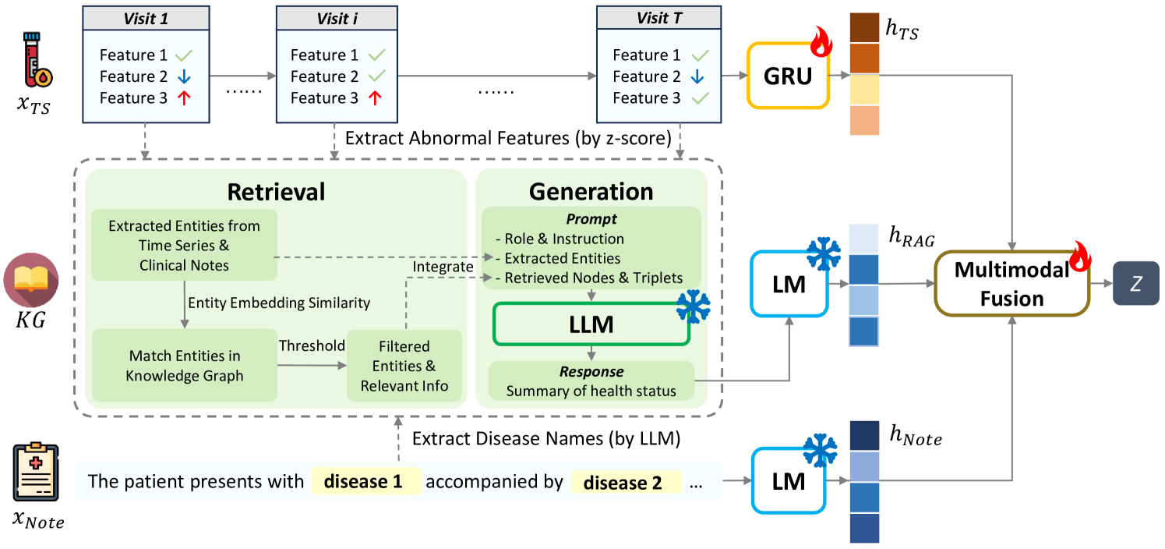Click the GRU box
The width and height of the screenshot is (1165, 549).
tap(788, 76)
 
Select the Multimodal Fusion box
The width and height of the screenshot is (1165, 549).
tap(1012, 284)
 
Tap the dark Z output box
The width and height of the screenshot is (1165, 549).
tap(1136, 284)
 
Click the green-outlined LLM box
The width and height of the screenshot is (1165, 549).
tap(591, 324)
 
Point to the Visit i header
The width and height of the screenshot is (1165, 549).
tap(337, 19)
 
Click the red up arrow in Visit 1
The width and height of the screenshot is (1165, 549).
tap(184, 97)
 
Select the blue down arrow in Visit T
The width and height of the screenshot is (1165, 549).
tap(697, 76)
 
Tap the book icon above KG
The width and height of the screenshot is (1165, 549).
tap(31, 279)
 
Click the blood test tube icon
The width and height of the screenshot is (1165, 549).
tap(37, 59)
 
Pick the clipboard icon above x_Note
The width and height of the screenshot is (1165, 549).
tap(36, 472)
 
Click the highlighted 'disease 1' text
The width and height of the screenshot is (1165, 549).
tap(364, 481)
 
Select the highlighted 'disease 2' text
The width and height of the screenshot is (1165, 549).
tap(623, 483)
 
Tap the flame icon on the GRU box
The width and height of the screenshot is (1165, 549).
tap(821, 41)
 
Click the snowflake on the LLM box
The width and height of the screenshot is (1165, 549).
tap(694, 306)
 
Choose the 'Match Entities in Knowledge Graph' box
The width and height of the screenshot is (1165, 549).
tap(185, 365)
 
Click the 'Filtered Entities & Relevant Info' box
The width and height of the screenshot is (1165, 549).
tap(404, 366)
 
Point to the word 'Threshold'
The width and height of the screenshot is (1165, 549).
tap(312, 345)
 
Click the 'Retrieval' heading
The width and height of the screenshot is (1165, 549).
tap(276, 192)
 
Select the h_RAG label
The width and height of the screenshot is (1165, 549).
tap(912, 237)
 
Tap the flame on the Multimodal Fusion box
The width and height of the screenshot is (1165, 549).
tap(1080, 256)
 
